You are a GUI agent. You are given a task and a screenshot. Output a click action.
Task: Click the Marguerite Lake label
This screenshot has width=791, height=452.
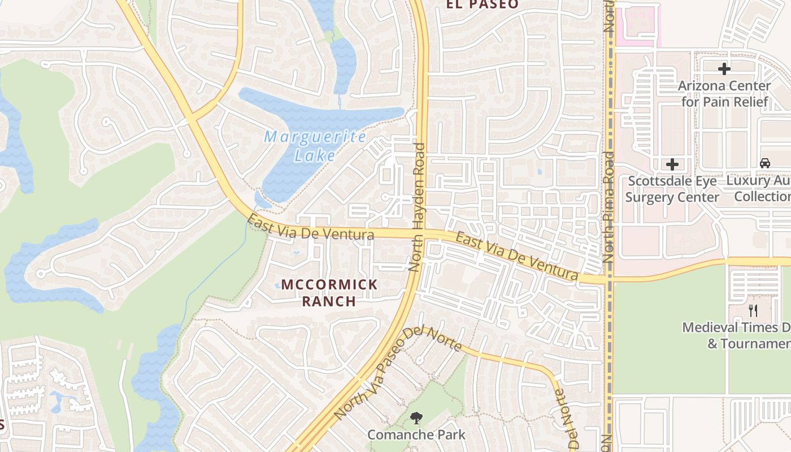point(315,146)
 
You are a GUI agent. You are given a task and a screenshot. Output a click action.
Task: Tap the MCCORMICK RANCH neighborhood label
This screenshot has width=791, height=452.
point(329,292)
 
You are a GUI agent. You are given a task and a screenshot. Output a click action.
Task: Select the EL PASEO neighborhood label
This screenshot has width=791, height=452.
point(482,5)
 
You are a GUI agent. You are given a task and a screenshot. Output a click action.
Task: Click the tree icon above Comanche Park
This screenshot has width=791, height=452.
point(417,419)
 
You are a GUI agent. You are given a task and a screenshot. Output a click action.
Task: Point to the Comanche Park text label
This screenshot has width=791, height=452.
point(417,434)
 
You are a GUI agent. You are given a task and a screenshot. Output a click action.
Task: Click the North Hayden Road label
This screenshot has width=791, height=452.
point(419,207)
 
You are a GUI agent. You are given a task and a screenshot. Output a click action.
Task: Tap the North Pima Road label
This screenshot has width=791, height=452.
point(608,207)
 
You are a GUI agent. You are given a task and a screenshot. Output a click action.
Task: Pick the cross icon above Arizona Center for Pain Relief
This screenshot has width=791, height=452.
point(724,69)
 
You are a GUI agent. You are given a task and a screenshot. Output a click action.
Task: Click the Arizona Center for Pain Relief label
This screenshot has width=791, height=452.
point(724,94)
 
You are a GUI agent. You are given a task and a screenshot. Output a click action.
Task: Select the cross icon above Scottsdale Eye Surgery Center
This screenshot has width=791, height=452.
point(672,164)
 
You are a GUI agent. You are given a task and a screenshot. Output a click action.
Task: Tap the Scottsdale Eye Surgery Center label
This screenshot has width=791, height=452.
point(672,189)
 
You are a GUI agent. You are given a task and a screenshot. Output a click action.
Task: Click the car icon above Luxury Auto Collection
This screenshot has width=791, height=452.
point(764,163)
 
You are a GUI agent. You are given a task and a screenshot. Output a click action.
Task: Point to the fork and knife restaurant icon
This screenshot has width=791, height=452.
point(753,310)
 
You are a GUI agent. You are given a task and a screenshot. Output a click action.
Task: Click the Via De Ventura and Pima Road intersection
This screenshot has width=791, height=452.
point(608,279)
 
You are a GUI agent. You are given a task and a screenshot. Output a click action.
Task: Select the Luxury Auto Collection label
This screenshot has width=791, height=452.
point(760,189)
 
